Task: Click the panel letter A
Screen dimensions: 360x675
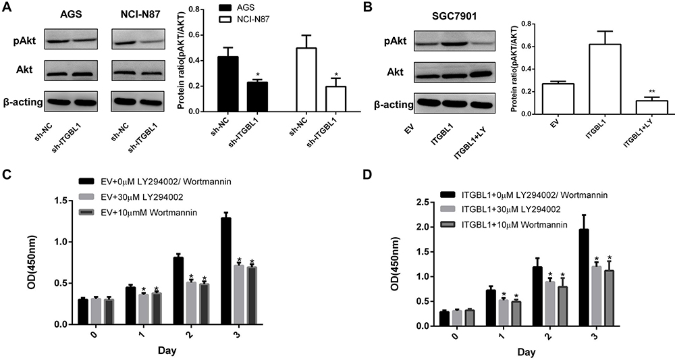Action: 7,8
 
